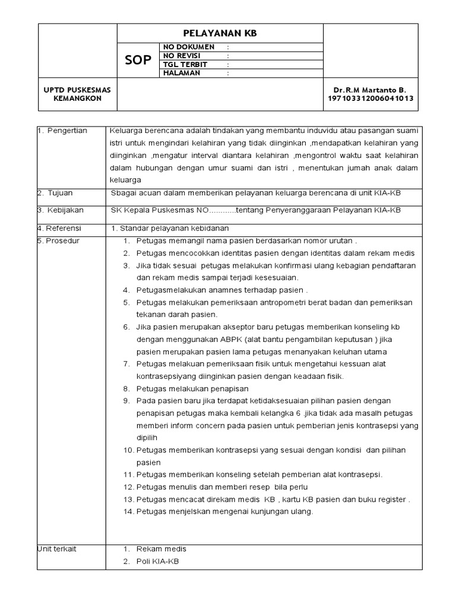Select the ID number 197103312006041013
370,99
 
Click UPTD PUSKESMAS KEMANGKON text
77,94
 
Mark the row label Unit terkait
56,549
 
